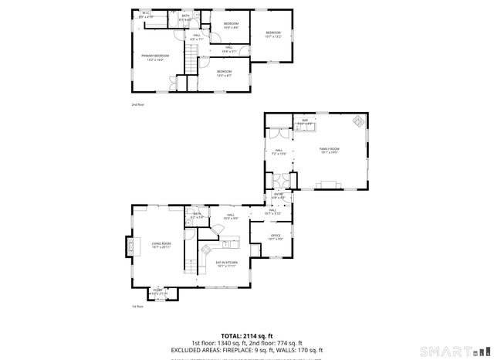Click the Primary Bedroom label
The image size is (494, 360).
[x=155, y=58]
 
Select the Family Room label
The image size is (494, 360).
[x=330, y=151]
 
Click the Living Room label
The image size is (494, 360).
[x=161, y=245]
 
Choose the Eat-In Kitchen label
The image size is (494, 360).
[x=226, y=264]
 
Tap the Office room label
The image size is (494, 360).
[x=276, y=237]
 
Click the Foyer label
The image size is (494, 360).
[x=157, y=291]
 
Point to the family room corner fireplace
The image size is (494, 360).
[x=357, y=121]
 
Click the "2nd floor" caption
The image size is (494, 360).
[x=138, y=104]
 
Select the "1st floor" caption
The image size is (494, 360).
[x=137, y=306]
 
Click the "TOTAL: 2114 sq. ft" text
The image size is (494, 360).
[x=246, y=336]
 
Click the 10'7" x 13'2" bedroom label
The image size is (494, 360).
[x=272, y=34]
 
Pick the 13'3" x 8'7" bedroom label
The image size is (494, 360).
[x=225, y=73]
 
